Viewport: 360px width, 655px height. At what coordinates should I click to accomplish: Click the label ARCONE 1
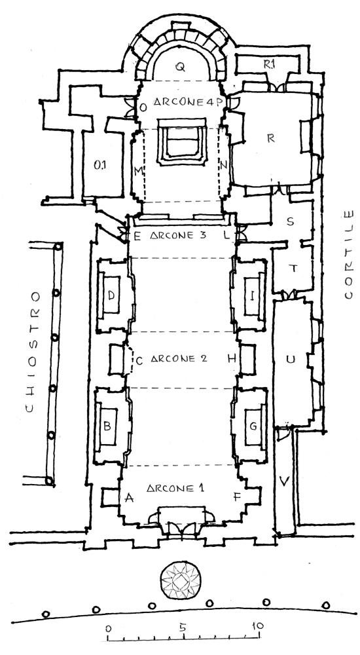click(175, 488)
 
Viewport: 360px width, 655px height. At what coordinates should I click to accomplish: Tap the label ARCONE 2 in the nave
click(178, 359)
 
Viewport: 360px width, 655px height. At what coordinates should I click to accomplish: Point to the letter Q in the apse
click(180, 67)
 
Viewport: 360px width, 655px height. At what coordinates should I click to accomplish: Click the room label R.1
click(268, 64)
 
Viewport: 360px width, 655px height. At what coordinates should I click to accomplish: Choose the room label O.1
click(99, 166)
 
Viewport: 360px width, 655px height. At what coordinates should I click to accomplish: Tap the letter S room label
click(291, 221)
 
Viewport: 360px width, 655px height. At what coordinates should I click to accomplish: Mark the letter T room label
click(293, 269)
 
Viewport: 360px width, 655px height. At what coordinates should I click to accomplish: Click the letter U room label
click(290, 359)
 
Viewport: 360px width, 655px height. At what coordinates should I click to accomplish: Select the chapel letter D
click(111, 295)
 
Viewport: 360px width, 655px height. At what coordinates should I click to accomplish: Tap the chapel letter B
click(107, 426)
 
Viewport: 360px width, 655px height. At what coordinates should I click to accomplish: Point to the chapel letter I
click(252, 296)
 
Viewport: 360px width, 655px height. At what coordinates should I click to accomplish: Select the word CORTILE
click(348, 255)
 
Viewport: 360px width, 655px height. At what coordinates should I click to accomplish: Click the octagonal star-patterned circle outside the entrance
click(181, 581)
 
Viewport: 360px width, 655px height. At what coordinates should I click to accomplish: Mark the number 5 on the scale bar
click(183, 627)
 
